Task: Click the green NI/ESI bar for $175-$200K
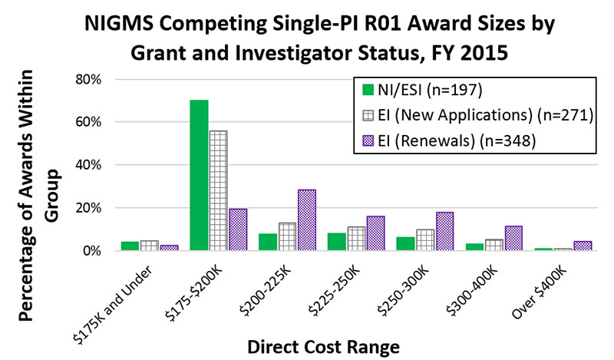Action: point(199,175)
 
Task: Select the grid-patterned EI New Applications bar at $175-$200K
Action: point(218,190)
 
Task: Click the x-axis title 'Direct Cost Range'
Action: point(334,345)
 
